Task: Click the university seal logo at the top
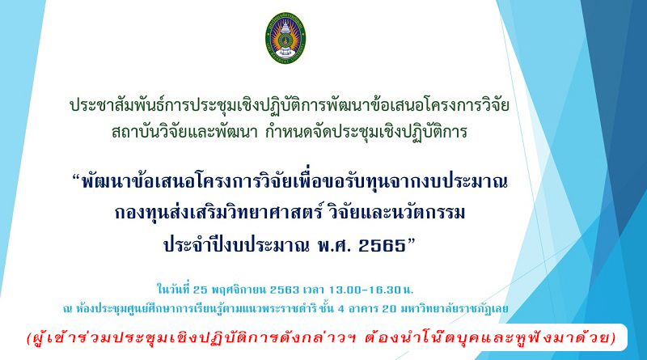click(x=285, y=37)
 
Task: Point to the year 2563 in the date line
click(x=285, y=290)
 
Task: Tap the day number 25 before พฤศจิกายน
click(x=200, y=290)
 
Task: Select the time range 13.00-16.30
click(x=365, y=290)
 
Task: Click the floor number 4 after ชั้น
click(x=340, y=309)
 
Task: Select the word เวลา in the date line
click(x=314, y=290)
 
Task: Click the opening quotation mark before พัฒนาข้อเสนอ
click(x=75, y=178)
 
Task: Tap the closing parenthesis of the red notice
click(x=613, y=338)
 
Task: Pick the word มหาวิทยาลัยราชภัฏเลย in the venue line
click(x=455, y=309)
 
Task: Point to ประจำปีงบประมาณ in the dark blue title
click(x=236, y=245)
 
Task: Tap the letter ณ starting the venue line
click(x=68, y=309)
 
